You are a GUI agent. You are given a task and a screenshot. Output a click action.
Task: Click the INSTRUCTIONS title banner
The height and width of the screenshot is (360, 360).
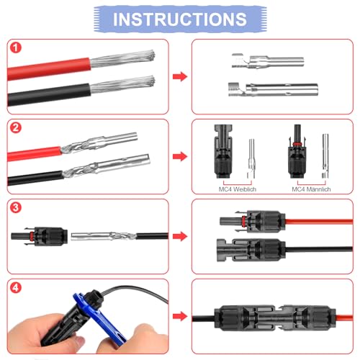coord(180,18)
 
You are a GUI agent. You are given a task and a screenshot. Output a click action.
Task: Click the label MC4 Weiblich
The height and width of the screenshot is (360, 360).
coord(235,189)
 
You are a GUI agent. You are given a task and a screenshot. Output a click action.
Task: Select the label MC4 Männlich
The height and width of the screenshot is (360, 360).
coord(311,189)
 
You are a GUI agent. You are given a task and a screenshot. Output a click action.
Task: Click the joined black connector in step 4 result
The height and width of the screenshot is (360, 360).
coord(270,317)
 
